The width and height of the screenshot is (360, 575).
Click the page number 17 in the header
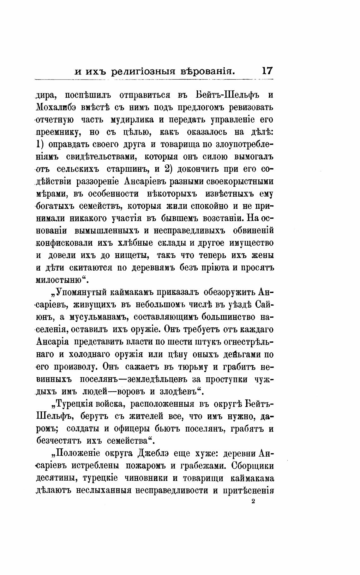point(267,70)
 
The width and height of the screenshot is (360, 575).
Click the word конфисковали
point(58,243)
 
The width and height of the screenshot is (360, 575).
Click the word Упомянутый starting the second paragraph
point(83,292)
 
